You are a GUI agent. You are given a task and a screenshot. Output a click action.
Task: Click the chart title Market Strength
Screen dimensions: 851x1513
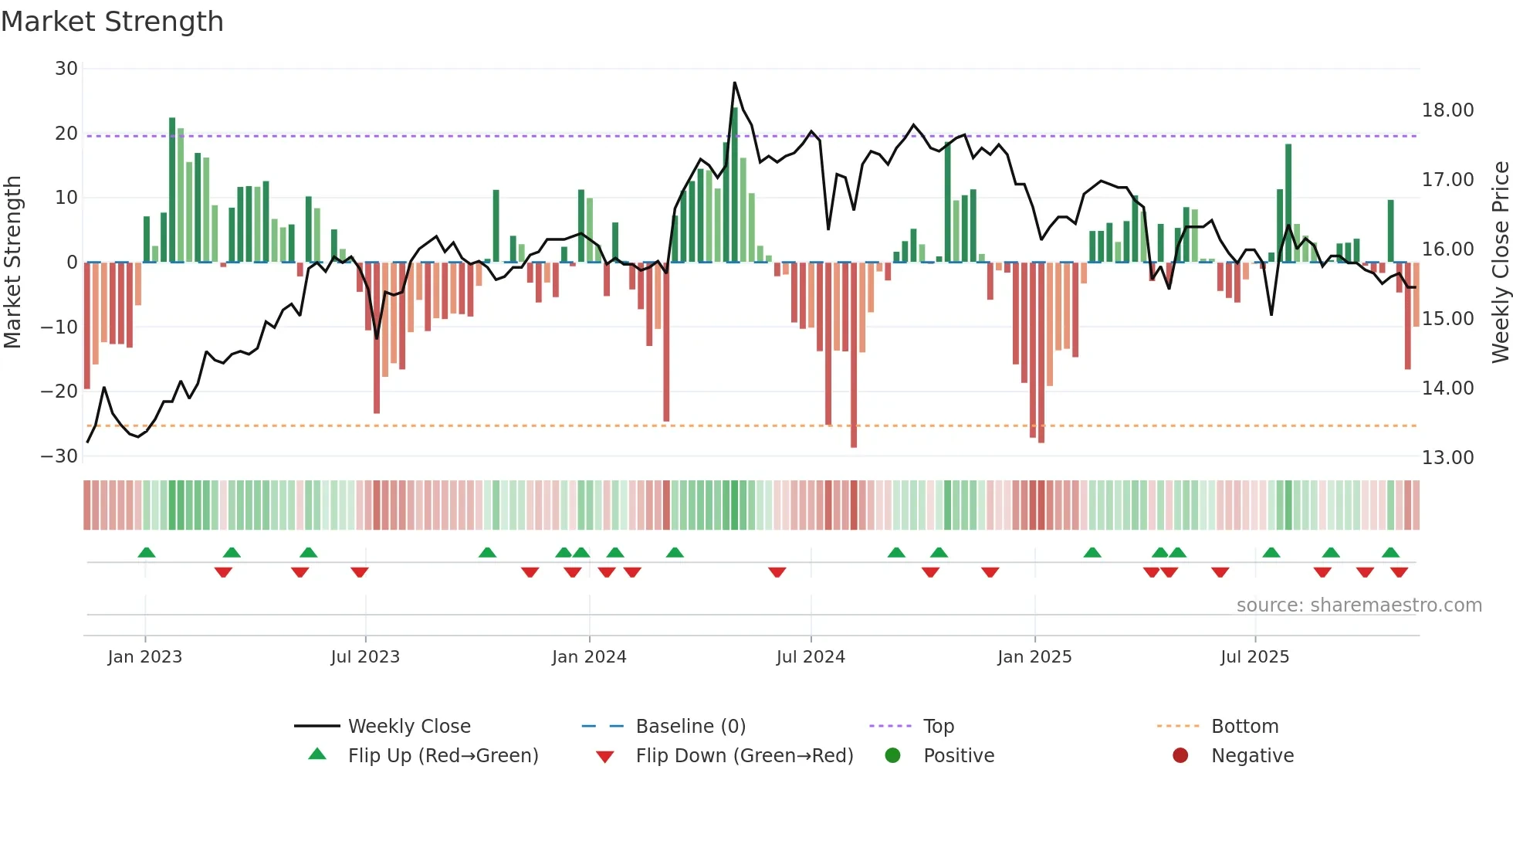point(112,22)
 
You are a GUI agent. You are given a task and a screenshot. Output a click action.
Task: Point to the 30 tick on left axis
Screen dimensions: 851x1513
point(66,69)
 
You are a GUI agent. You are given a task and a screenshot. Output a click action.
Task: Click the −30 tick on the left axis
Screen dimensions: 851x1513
point(59,456)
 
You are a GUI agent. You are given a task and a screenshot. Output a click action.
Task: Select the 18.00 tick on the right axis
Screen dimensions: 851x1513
point(1447,110)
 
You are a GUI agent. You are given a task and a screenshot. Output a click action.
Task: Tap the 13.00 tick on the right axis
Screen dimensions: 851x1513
point(1447,458)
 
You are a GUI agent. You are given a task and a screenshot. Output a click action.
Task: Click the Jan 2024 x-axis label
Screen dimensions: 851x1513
point(589,657)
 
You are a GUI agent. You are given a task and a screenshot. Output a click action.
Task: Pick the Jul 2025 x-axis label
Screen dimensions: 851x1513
point(1254,657)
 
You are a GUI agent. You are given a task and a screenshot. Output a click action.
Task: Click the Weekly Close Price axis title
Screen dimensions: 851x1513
point(1500,263)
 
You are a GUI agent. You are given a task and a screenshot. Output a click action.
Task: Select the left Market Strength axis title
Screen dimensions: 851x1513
point(12,263)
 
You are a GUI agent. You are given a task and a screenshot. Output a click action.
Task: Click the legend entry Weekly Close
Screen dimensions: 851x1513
point(408,727)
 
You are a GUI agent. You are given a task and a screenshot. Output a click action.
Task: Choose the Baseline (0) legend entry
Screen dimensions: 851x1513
point(690,727)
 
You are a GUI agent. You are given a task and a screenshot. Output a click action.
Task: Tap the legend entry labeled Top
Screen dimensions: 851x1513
point(938,727)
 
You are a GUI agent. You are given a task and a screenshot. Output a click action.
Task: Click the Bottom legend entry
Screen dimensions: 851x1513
point(1244,727)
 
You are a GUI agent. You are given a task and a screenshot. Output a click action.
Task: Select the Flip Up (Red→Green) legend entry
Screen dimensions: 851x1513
point(442,756)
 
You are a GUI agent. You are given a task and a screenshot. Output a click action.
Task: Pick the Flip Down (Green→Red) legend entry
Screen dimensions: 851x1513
point(744,756)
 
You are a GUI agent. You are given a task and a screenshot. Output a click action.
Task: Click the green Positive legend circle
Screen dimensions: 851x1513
point(893,756)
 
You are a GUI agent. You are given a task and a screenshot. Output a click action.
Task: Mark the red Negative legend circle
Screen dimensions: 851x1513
point(1180,756)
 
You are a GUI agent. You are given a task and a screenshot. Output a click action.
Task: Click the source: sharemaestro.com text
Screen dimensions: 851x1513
point(1359,605)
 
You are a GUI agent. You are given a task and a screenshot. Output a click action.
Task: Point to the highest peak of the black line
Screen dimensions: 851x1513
point(734,83)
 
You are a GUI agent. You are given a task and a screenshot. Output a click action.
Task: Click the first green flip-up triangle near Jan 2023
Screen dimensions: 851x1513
point(147,552)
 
